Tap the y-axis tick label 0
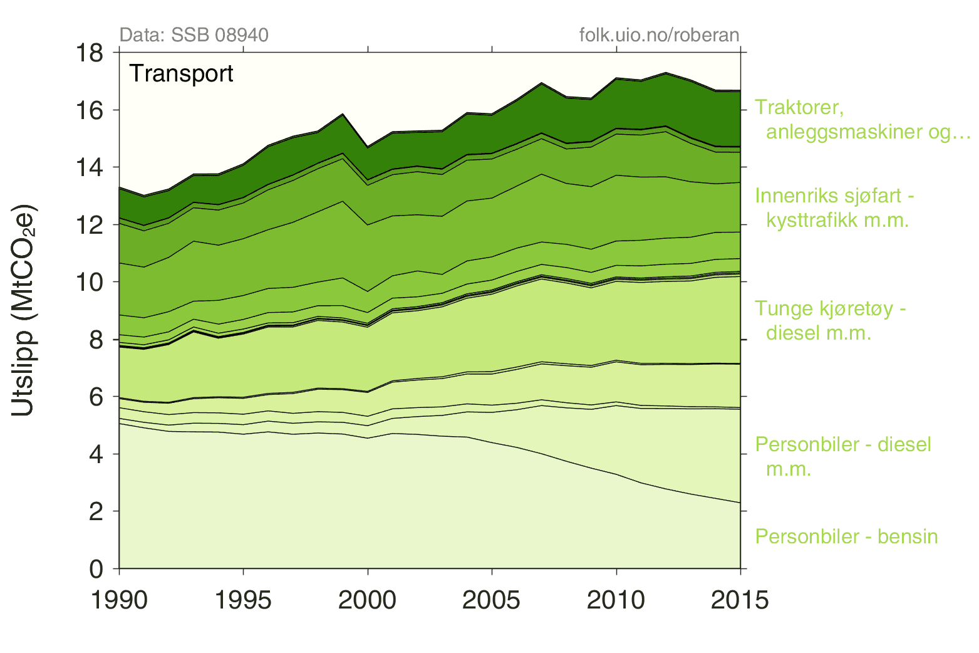(x=96, y=569)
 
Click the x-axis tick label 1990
(x=120, y=600)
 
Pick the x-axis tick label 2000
(x=368, y=600)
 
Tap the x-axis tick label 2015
(x=740, y=600)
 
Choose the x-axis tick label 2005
(x=492, y=600)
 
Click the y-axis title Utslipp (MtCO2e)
(x=24, y=310)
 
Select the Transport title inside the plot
(x=181, y=74)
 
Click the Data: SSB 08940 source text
(x=194, y=34)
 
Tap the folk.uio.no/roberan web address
(x=659, y=34)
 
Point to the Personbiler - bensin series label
(x=846, y=536)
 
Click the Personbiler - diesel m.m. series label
(x=842, y=456)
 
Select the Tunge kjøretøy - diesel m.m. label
(x=830, y=320)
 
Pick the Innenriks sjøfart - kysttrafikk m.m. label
(x=834, y=207)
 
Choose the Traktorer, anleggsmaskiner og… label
(x=862, y=119)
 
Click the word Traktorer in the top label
(x=799, y=107)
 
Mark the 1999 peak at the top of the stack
(x=343, y=115)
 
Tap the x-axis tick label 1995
(x=244, y=600)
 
